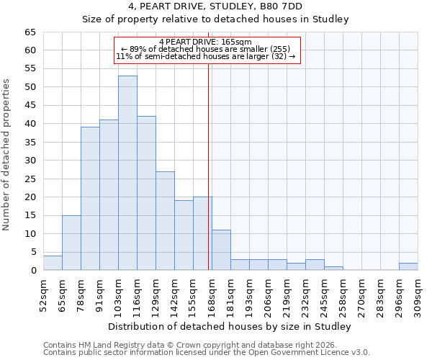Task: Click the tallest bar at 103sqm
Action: (x=127, y=173)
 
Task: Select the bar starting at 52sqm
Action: (x=53, y=263)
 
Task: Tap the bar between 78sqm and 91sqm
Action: (x=90, y=199)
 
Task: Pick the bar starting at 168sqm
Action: (x=221, y=250)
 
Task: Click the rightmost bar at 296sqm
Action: (x=408, y=266)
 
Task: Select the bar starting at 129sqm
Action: (x=165, y=221)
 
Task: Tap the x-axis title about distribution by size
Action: (x=230, y=327)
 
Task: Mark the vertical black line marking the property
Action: (x=209, y=158)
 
